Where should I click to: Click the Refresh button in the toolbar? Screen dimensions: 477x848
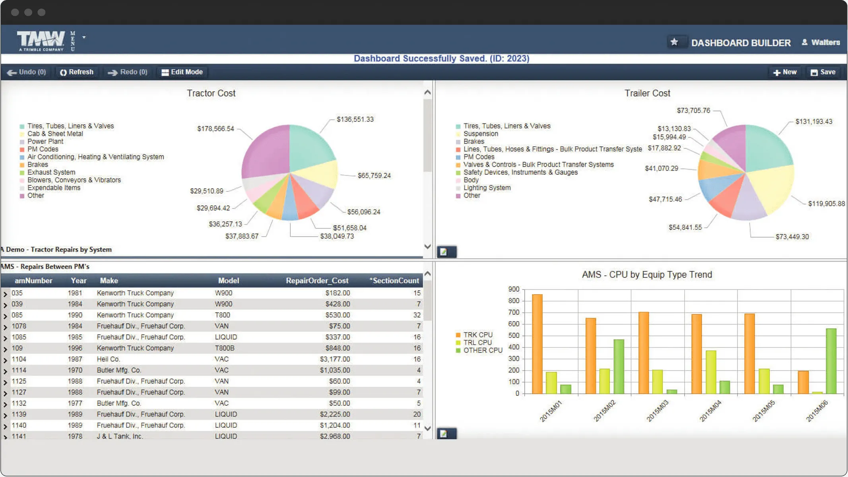coord(77,72)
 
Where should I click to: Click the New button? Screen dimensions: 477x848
coord(785,72)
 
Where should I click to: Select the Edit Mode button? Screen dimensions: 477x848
coord(182,72)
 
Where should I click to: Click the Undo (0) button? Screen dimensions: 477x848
coord(27,72)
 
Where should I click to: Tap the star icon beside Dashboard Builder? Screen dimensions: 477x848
coord(674,42)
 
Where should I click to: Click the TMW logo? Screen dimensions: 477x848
coord(41,41)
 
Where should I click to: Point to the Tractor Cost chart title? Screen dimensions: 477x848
coord(211,93)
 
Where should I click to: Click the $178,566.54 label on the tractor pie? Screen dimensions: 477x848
coord(215,129)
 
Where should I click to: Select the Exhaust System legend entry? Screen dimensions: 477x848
coord(51,172)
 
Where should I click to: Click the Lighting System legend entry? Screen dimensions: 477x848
coord(487,188)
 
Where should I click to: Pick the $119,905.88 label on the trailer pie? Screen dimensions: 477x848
coord(826,204)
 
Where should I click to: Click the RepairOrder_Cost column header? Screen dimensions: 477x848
coord(317,281)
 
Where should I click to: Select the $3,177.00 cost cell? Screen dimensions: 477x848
coord(335,359)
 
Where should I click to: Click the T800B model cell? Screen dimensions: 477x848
coord(225,348)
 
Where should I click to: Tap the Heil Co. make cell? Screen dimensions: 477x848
coord(108,359)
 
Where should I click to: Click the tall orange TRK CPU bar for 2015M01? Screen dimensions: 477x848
coord(537,344)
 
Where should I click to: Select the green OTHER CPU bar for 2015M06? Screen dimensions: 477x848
coord(831,361)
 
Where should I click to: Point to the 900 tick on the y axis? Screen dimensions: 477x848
coord(514,289)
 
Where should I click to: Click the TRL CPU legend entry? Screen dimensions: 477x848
coord(477,343)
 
